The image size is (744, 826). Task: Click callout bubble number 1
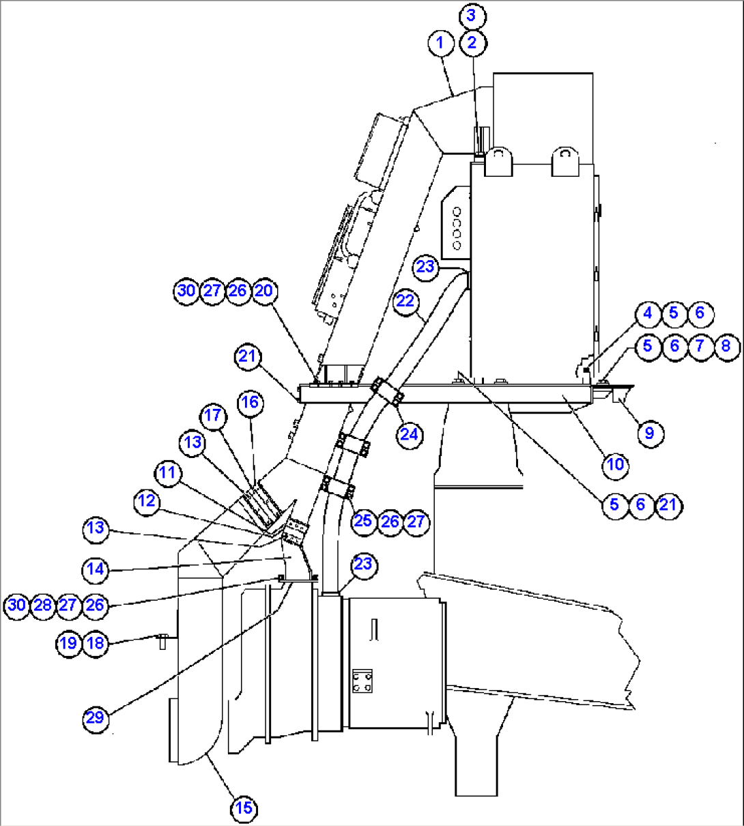440,43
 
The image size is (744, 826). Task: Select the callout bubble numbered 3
472,15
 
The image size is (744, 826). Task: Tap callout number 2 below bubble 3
472,43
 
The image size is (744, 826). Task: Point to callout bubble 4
648,313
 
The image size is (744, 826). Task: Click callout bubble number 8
726,345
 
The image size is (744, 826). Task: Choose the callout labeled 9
649,433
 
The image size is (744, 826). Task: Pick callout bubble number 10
615,464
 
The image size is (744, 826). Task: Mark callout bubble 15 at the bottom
244,808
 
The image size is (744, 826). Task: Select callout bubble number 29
96,717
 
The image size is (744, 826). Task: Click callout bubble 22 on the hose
405,301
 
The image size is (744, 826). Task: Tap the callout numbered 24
409,434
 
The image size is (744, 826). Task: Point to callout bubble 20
263,291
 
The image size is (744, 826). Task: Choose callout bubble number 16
250,402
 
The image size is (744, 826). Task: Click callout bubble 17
214,416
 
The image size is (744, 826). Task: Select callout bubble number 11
167,472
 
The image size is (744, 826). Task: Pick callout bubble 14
96,569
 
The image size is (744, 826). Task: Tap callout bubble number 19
68,642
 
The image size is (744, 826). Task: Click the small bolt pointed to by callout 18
162,640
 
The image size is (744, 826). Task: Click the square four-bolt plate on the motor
362,681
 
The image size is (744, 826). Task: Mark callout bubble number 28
42,605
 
